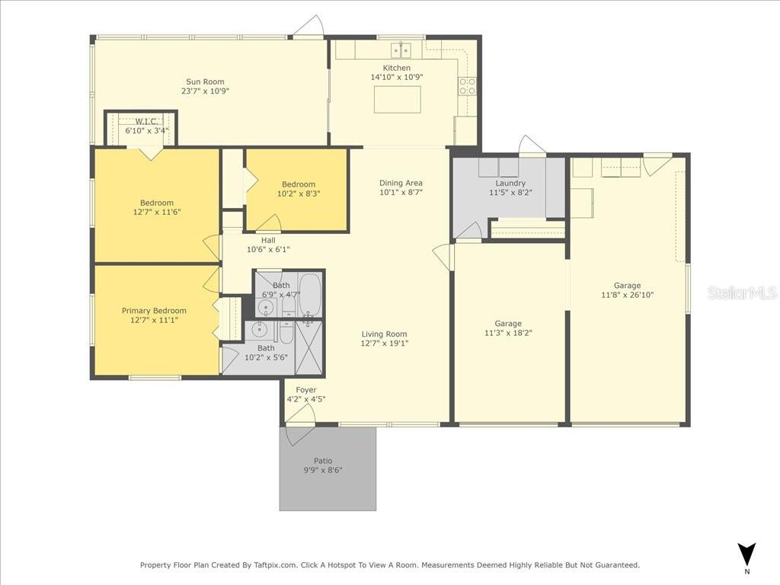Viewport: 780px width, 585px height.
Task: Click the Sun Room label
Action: pos(205,82)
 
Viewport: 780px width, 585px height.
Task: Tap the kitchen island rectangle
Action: pos(398,100)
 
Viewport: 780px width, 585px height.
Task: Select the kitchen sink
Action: pos(401,50)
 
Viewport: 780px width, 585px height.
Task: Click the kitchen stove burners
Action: pos(468,86)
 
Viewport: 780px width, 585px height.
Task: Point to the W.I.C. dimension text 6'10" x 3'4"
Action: pos(147,131)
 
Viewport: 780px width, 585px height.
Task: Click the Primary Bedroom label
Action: pos(154,311)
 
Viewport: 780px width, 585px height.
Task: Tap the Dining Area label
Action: pos(401,183)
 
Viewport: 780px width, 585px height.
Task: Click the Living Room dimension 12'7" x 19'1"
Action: pos(385,344)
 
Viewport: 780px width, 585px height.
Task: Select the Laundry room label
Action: pos(510,183)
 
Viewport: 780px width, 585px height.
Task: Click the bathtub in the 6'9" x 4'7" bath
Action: pos(309,295)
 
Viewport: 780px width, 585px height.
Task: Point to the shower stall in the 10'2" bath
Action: pos(309,347)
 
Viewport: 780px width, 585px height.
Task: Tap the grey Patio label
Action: pos(323,461)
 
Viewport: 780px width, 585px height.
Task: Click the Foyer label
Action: pos(306,390)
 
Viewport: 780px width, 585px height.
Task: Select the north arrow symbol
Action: pos(746,554)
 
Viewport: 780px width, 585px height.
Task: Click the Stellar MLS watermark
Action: pos(742,292)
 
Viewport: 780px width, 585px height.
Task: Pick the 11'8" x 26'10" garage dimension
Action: pos(628,295)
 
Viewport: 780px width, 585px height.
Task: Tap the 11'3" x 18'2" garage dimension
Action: pos(508,333)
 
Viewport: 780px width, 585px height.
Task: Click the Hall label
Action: pos(268,240)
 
